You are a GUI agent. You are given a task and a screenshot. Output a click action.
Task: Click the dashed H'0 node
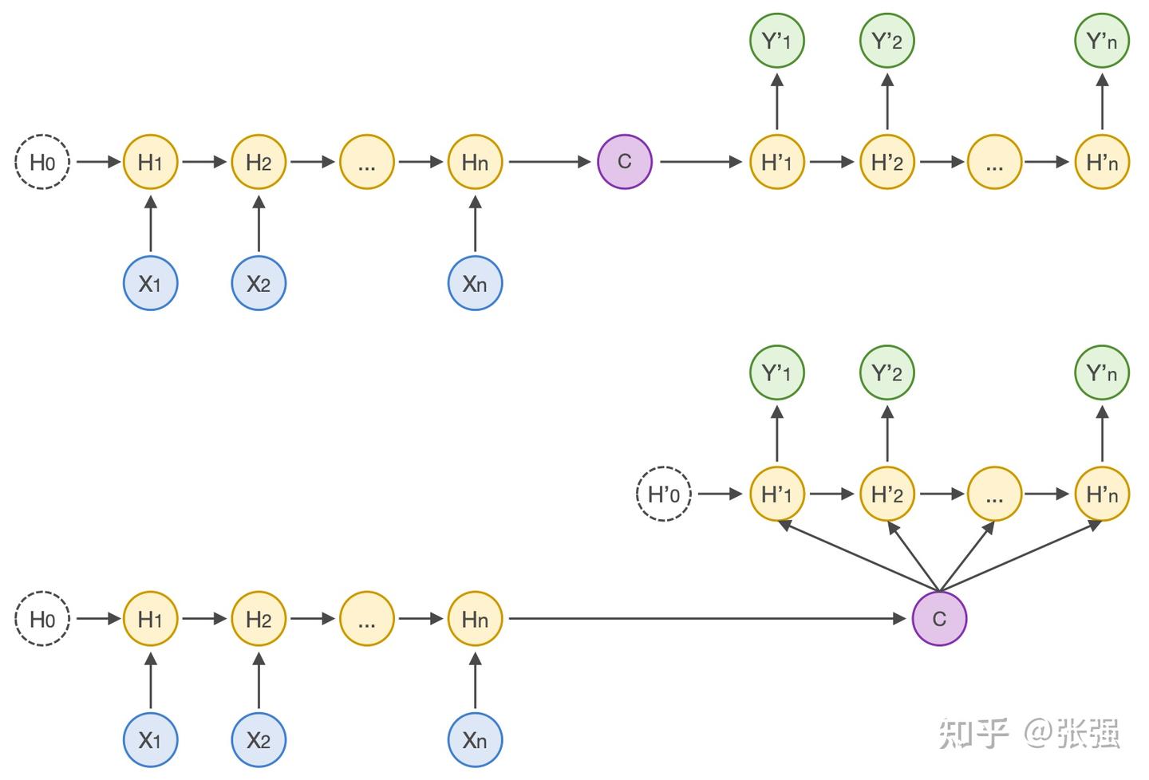[x=664, y=494]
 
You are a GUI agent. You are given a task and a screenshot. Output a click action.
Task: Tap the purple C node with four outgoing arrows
[x=939, y=618]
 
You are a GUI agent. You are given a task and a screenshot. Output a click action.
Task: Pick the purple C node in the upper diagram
[x=625, y=162]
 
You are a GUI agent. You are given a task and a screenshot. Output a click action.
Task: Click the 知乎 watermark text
[x=974, y=732]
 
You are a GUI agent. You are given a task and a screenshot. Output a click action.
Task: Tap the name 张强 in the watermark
[x=1088, y=732]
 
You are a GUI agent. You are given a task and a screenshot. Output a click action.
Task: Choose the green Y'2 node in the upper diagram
[x=886, y=41]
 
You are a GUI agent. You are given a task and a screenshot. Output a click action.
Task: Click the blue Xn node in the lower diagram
[x=475, y=740]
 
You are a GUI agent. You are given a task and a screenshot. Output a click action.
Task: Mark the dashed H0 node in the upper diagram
[x=42, y=162]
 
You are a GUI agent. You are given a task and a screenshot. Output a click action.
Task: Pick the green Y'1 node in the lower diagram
[x=776, y=372]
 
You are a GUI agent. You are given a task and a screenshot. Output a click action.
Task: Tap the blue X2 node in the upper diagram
[x=259, y=283]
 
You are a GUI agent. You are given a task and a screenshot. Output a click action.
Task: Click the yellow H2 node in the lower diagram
[x=259, y=618]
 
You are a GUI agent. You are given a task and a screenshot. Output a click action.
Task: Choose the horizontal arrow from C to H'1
[x=701, y=162]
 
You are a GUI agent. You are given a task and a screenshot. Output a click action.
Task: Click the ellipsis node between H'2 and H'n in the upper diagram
[x=994, y=162]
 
